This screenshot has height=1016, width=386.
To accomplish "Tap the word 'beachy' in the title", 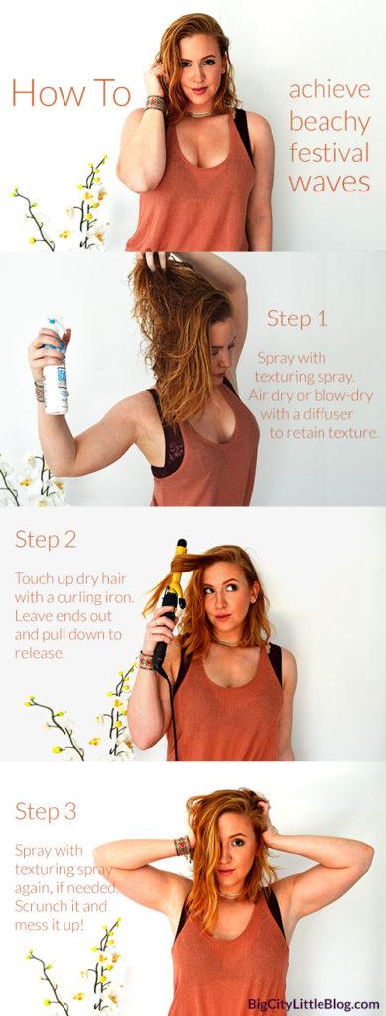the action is click(x=329, y=122).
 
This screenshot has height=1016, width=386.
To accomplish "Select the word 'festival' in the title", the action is click(x=329, y=152).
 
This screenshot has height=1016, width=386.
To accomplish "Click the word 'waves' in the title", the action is click(x=329, y=183).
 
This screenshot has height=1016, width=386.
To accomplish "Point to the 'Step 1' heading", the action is click(x=298, y=318).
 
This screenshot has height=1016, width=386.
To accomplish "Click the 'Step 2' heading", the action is click(x=46, y=539).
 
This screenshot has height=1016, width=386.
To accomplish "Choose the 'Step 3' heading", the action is click(x=46, y=811).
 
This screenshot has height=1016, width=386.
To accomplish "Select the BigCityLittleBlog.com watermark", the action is click(x=314, y=1004).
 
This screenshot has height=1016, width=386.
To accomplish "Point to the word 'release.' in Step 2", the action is click(x=40, y=653).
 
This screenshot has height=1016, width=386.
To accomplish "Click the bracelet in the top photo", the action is click(x=156, y=103).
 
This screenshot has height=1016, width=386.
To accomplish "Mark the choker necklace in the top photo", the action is click(x=200, y=114).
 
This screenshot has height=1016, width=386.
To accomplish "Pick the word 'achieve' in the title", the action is click(x=329, y=90).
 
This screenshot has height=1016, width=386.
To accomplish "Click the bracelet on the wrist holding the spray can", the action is click(x=40, y=392).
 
